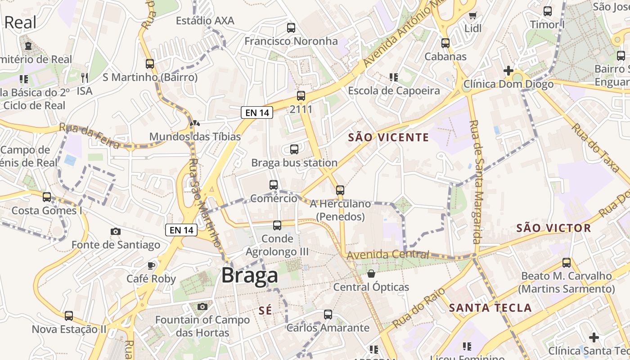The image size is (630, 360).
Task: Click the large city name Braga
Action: [x=250, y=275]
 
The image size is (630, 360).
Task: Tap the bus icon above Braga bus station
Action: [x=294, y=149]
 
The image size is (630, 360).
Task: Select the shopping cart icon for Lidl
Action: [x=472, y=16]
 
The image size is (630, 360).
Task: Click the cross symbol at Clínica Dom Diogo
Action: [x=508, y=71]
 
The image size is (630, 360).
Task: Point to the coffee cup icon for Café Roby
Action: [x=151, y=265]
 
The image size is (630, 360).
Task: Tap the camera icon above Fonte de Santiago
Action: [x=116, y=232]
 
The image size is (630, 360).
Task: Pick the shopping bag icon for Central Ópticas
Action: [x=371, y=274]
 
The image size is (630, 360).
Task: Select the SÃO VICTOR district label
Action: [x=553, y=228]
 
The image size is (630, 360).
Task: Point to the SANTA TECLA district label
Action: [x=490, y=308]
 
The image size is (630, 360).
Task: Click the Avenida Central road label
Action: [x=388, y=255]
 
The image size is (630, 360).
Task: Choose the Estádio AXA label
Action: [x=205, y=21]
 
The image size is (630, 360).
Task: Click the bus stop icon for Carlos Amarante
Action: [x=328, y=315]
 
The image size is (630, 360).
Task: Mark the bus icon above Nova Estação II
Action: [x=69, y=316]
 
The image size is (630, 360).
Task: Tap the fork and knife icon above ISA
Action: [x=85, y=77]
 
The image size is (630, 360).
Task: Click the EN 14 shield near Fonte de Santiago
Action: [x=182, y=230]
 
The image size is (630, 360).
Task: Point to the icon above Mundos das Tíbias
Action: [x=195, y=123]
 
